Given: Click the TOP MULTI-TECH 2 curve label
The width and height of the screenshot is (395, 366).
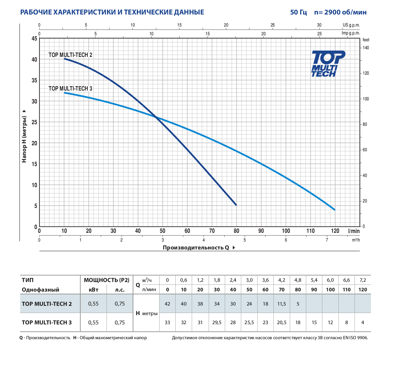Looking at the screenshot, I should click(x=70, y=55).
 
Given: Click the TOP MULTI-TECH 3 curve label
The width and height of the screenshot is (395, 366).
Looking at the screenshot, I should click(x=70, y=88).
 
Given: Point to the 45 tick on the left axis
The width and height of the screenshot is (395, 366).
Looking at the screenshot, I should click(x=34, y=39).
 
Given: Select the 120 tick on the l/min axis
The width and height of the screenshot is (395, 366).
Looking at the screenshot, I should click(x=335, y=231).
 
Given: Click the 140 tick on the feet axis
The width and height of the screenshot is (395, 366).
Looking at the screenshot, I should click(x=365, y=48).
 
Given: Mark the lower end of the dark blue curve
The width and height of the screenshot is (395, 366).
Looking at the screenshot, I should click(x=236, y=205).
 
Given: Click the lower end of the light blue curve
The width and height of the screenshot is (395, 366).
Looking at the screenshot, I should click(x=334, y=210).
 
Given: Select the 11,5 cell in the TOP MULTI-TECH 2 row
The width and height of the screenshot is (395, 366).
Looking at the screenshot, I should click(x=282, y=304).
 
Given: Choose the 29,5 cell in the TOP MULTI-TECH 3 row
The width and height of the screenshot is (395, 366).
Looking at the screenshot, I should click(x=217, y=323).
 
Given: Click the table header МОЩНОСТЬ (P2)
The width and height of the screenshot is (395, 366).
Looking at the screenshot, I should click(x=107, y=280).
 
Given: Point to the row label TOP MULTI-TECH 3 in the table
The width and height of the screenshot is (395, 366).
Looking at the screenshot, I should click(x=47, y=323).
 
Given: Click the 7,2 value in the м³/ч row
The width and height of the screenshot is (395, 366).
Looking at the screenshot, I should click(x=363, y=280).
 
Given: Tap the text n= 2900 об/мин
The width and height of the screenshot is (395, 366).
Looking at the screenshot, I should click(x=340, y=12).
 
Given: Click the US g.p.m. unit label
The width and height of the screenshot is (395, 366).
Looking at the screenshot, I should click(x=351, y=25).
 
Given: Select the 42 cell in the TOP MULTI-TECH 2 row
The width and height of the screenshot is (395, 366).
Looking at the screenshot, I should click(x=167, y=304).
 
